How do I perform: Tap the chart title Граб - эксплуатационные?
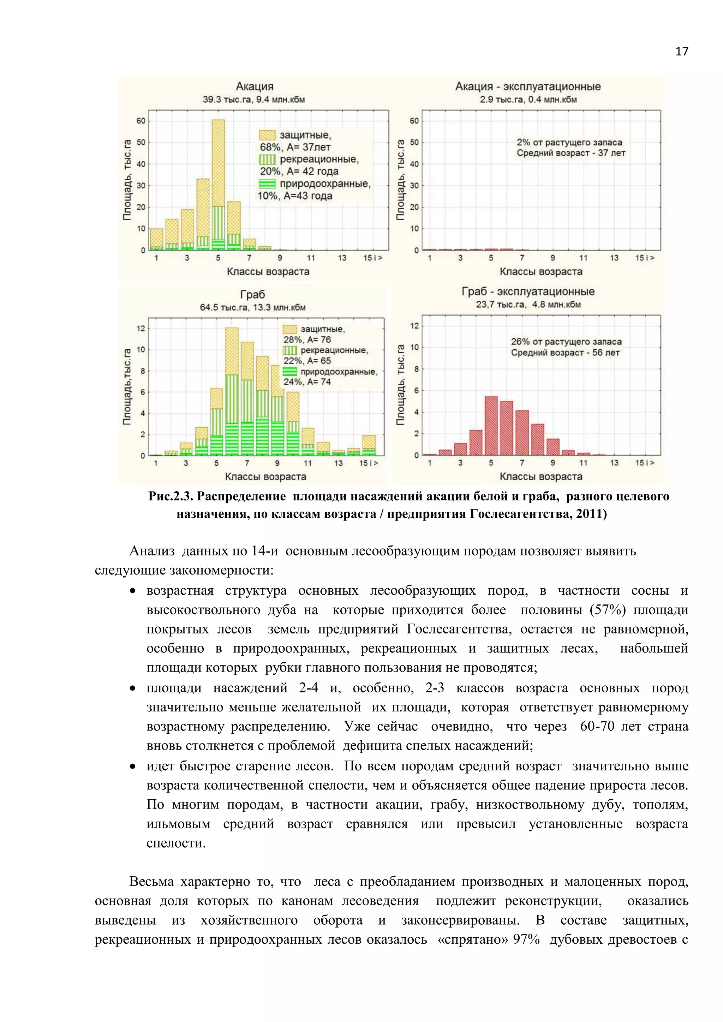tap(528, 291)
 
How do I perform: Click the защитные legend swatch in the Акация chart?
tap(267, 135)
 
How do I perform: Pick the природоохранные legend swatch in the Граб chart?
tap(290, 372)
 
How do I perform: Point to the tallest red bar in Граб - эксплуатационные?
tap(491, 425)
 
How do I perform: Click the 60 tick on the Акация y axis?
tap(141, 121)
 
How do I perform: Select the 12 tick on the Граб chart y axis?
tap(141, 329)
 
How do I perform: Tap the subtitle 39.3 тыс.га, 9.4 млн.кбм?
tap(254, 100)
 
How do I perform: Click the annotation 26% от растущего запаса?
tap(566, 342)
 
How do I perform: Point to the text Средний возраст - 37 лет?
tap(571, 153)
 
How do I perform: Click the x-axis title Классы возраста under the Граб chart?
tap(265, 477)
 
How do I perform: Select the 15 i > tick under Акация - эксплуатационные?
tap(645, 258)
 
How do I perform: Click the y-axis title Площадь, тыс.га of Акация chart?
tap(127, 180)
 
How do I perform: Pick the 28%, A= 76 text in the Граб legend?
tap(307, 339)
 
